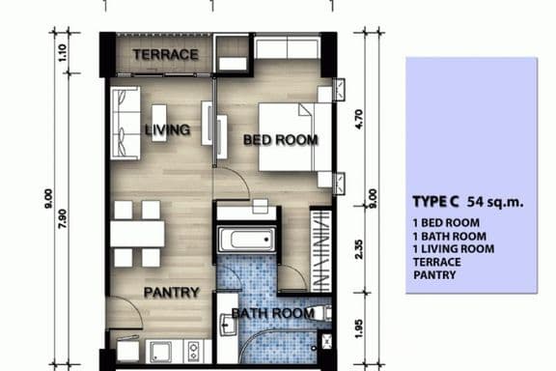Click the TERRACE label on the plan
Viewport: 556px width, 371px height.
click(x=165, y=54)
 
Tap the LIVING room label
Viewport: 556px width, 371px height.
click(x=167, y=129)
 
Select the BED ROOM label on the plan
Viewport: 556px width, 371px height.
click(x=280, y=140)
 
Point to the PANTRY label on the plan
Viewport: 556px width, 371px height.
click(x=172, y=292)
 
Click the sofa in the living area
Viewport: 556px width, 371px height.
click(x=125, y=115)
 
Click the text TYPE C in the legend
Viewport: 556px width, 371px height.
click(x=435, y=203)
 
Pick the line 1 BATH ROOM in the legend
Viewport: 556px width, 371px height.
click(x=447, y=236)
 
